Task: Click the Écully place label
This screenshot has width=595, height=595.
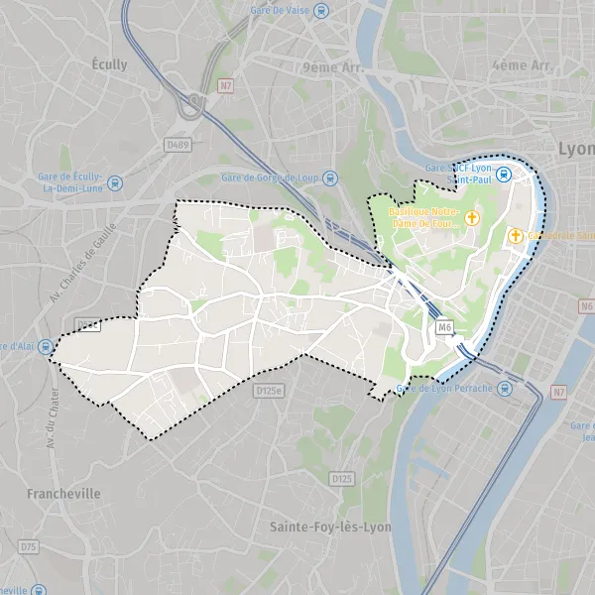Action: tap(109, 64)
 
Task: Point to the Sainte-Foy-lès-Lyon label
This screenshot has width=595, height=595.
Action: tap(330, 527)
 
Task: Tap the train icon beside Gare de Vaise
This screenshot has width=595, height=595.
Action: tap(334, 10)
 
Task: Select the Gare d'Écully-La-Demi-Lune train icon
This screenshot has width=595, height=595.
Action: tap(116, 182)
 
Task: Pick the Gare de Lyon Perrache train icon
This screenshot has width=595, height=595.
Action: tap(507, 388)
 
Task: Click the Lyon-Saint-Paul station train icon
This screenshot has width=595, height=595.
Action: tap(503, 176)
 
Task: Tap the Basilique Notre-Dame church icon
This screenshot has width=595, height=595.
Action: tap(472, 216)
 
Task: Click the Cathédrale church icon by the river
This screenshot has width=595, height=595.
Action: tap(516, 235)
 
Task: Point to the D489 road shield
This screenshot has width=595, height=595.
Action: tap(178, 145)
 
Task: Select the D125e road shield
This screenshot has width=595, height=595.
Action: tap(268, 391)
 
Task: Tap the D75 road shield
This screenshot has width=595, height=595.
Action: tap(28, 546)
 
